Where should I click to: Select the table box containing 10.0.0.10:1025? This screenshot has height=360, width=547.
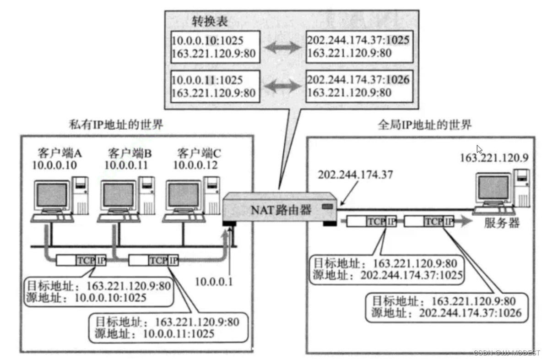pyautogui.click(x=214, y=47)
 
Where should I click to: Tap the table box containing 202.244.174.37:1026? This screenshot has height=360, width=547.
pyautogui.click(x=358, y=86)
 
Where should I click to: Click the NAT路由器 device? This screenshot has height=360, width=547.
pyautogui.click(x=281, y=209)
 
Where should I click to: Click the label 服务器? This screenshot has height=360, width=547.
pyautogui.click(x=502, y=223)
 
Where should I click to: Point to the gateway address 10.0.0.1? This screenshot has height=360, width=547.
pyautogui.click(x=214, y=281)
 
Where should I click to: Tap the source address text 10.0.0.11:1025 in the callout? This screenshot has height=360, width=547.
pyautogui.click(x=178, y=333)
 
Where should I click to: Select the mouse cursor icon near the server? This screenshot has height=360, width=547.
pyautogui.click(x=479, y=149)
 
